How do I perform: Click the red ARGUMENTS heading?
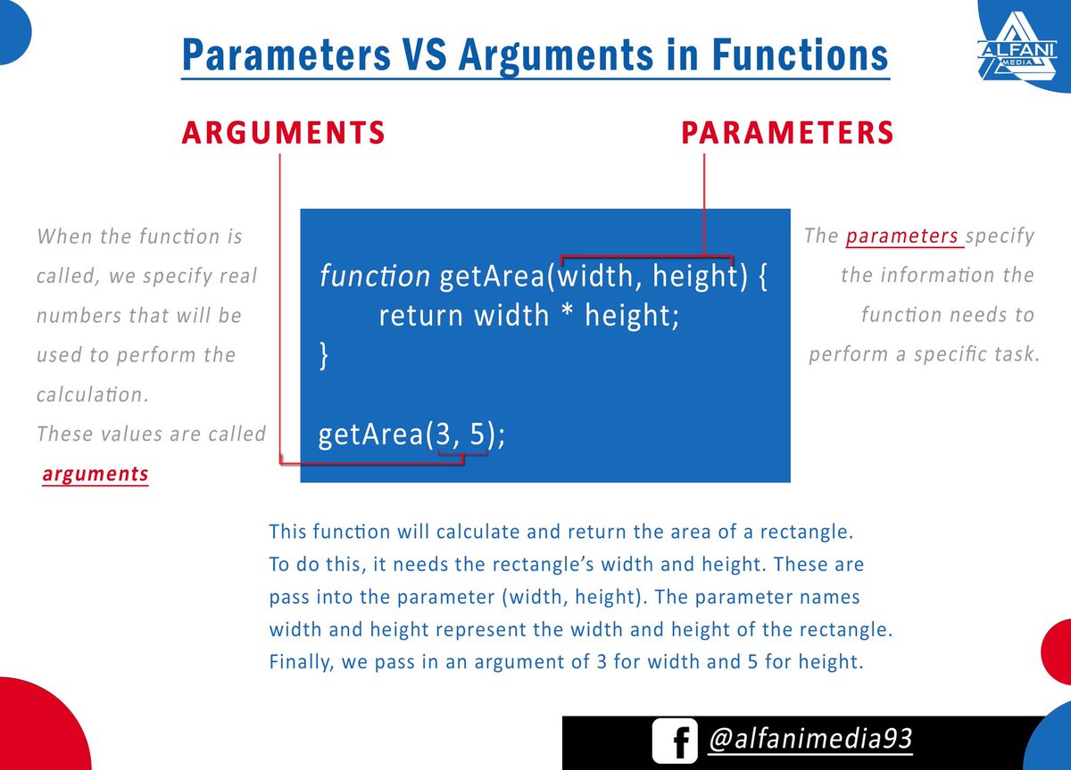(x=283, y=132)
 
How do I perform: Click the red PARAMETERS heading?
(x=788, y=132)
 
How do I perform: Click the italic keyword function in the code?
(x=375, y=277)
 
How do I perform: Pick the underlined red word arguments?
(x=95, y=474)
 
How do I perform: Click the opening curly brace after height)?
(x=761, y=277)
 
